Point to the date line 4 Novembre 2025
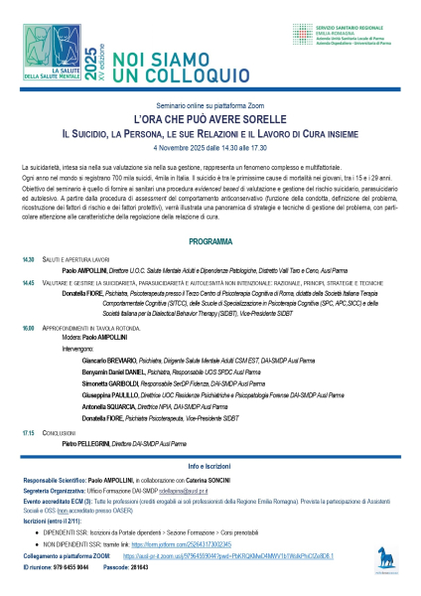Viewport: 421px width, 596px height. [210, 146]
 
